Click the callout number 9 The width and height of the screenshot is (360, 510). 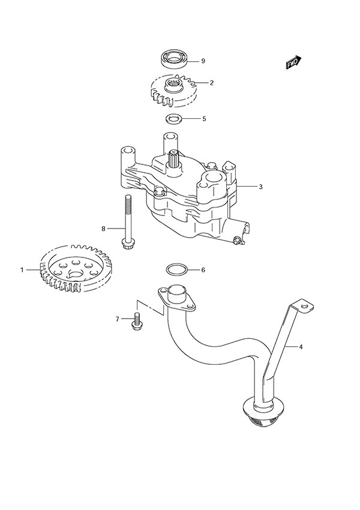pyautogui.click(x=203, y=61)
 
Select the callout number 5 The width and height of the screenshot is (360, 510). pyautogui.click(x=203, y=118)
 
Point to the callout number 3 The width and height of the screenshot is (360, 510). pyautogui.click(x=261, y=187)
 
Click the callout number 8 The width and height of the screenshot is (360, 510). pyautogui.click(x=103, y=229)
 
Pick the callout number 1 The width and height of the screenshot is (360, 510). pyautogui.click(x=22, y=270)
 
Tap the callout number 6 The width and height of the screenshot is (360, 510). pyautogui.click(x=203, y=269)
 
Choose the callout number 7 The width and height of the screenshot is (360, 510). pyautogui.click(x=118, y=319)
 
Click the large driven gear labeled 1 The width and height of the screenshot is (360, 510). pyautogui.click(x=75, y=268)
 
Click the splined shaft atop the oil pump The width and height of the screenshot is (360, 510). pyautogui.click(x=175, y=159)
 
